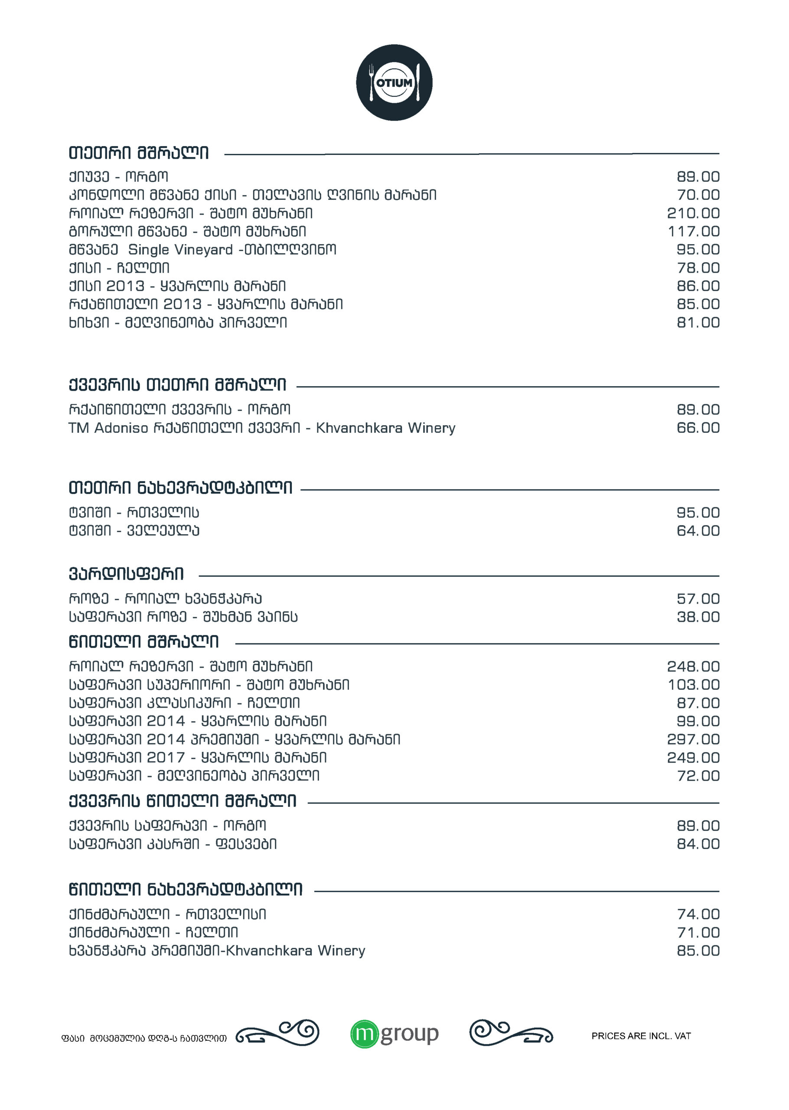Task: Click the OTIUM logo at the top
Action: pos(394,82)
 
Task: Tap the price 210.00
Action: pos(693,213)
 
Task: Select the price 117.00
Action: pos(693,232)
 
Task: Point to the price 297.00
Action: pos(693,739)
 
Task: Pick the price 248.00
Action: pos(693,666)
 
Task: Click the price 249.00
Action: pos(693,757)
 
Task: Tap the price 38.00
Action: pos(698,617)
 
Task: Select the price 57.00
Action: pos(698,598)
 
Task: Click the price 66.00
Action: pos(698,428)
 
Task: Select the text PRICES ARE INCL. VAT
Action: pos(641,1036)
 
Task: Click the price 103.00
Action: pos(693,685)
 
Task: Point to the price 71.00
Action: pos(698,933)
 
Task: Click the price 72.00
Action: pos(698,776)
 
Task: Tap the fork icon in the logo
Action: pos(372,82)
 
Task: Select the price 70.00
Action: pos(698,195)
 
